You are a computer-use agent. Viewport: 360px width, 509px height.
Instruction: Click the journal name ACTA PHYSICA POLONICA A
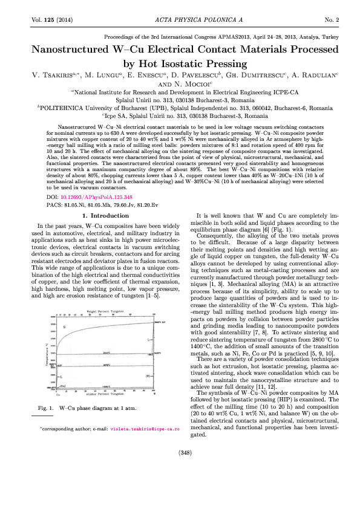pos(180,21)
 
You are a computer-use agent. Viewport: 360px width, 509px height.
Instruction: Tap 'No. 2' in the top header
pos(333,21)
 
